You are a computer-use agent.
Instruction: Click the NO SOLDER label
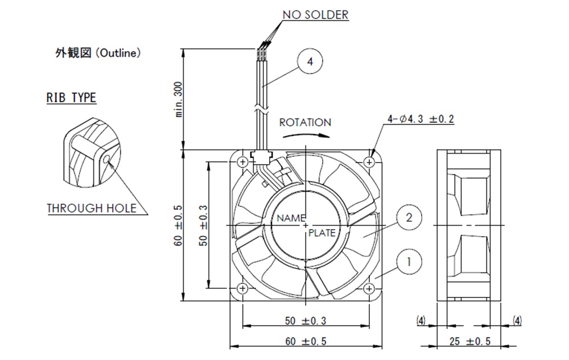[315, 14]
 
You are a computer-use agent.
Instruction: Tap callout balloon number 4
[310, 61]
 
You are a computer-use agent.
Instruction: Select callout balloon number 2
[409, 217]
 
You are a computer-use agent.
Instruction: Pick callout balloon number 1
[409, 262]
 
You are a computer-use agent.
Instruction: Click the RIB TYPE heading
[71, 97]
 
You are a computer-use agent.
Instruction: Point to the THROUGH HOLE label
[92, 208]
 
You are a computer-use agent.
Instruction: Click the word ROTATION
[305, 122]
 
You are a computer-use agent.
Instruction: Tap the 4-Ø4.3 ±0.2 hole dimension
[420, 119]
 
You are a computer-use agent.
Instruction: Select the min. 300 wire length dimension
[179, 99]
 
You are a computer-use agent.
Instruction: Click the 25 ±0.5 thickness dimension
[470, 341]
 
